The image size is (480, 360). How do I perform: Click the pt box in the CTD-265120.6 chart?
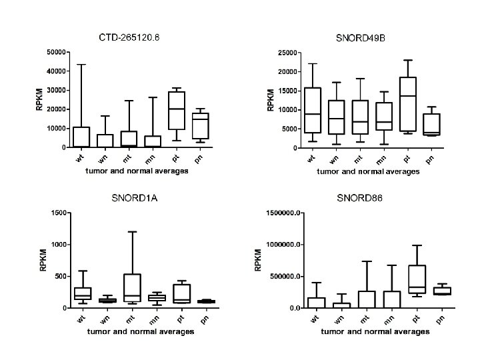point(177,111)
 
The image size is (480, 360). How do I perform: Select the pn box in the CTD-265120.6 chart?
point(200,126)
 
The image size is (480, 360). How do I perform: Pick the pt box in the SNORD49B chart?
point(409,104)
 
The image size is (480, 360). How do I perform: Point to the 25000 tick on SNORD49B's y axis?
point(287,52)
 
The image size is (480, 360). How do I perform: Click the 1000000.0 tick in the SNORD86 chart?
point(285,245)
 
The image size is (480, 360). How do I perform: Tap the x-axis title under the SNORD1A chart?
point(137,332)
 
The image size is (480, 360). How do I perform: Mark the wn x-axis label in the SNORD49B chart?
point(335,159)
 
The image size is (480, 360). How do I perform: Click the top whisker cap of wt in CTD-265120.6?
point(81,65)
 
